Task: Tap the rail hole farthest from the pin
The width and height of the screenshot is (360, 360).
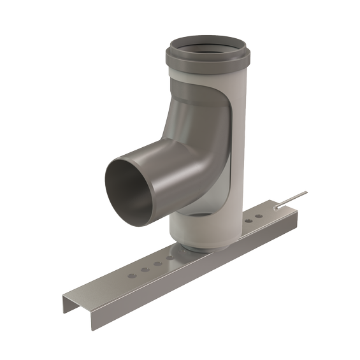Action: (x=131, y=275)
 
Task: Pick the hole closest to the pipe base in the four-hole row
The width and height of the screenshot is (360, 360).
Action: (x=169, y=257)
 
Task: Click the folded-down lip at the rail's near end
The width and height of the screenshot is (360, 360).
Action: (x=79, y=306)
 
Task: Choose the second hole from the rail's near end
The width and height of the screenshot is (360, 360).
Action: (x=145, y=269)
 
